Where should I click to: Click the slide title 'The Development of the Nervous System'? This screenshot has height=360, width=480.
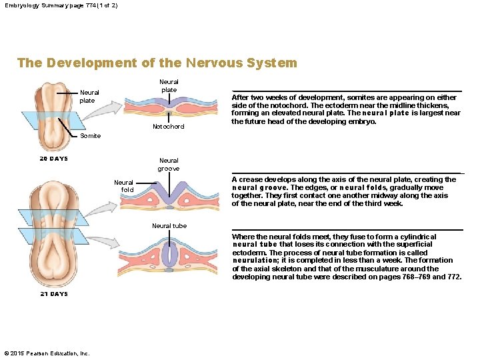pos(157,63)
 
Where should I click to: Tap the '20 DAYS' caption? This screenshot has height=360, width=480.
pos(53,159)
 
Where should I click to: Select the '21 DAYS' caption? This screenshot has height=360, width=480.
pos(53,294)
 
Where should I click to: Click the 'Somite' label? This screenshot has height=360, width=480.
pos(90,136)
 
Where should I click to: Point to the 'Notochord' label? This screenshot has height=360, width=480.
pos(168,126)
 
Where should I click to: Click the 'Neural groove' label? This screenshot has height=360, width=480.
pos(169,164)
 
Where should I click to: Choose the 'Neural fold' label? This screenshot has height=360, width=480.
pos(123,186)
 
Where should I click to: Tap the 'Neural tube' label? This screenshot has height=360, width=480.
pos(169,226)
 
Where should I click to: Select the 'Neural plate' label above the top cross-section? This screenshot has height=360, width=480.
pos(169,86)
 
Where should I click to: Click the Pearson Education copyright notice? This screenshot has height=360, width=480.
pos(47,353)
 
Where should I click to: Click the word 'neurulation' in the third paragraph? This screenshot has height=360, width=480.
pos(254,261)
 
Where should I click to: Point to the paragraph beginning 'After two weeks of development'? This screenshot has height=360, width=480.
pos(346,109)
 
